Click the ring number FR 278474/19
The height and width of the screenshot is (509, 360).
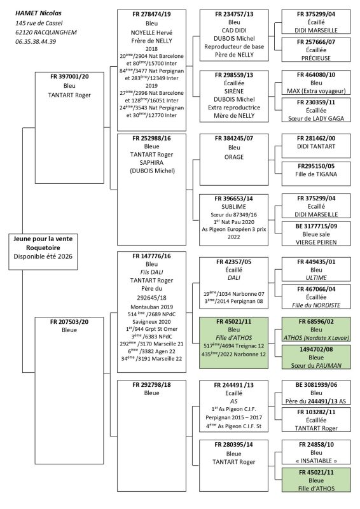pyautogui.click(x=151, y=13)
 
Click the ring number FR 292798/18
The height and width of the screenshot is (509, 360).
pyautogui.click(x=151, y=384)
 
